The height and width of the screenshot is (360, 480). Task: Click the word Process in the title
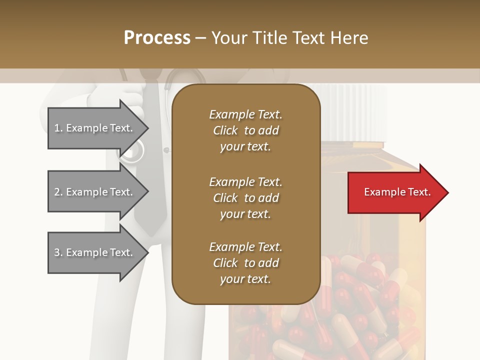point(157,38)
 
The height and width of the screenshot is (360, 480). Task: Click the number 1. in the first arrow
point(58,128)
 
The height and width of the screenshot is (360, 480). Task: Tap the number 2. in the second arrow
point(58,192)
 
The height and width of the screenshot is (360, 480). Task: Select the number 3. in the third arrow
point(58,252)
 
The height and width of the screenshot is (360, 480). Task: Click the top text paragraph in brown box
point(245,130)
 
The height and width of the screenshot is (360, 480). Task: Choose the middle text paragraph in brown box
point(245,198)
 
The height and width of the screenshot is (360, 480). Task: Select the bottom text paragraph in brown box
point(245,263)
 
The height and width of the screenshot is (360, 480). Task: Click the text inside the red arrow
point(397,192)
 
